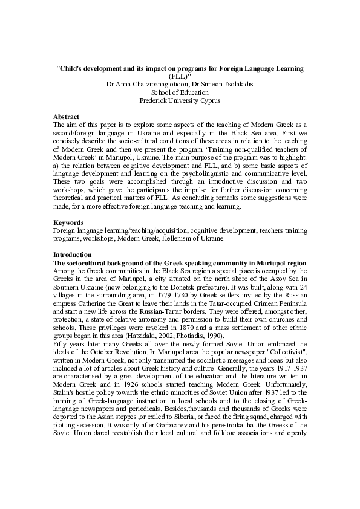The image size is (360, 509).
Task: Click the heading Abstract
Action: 66,116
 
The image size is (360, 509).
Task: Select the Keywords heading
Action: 68,222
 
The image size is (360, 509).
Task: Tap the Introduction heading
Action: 72,255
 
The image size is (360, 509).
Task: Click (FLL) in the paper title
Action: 179,77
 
